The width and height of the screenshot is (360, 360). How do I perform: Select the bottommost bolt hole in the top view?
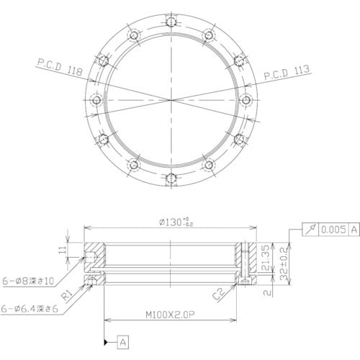click(171, 177)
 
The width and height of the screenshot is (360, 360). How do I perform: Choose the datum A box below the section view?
click(123, 338)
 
